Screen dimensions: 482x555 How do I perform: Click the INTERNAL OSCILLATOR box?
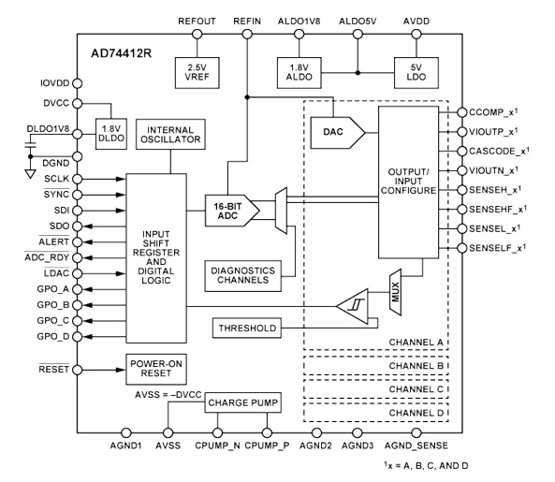pyautogui.click(x=169, y=133)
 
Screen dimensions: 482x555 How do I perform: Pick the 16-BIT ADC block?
pyautogui.click(x=226, y=211)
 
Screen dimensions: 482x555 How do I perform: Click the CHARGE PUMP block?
pyautogui.click(x=239, y=404)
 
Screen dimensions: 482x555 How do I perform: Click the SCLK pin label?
pyautogui.click(x=53, y=178)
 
